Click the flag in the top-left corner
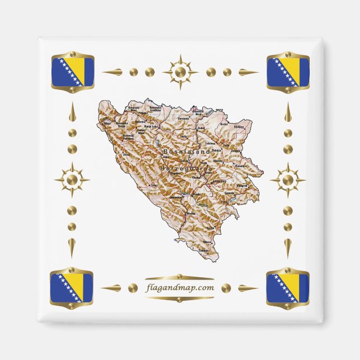(x=72, y=72)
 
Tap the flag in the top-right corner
(x=288, y=72)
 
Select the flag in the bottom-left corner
(x=72, y=288)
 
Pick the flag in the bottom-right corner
(x=288, y=288)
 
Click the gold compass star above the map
(x=180, y=72)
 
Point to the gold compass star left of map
(x=72, y=179)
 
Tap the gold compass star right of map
(x=288, y=179)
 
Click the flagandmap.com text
(x=180, y=288)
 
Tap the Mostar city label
(x=192, y=214)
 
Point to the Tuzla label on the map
(x=226, y=146)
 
